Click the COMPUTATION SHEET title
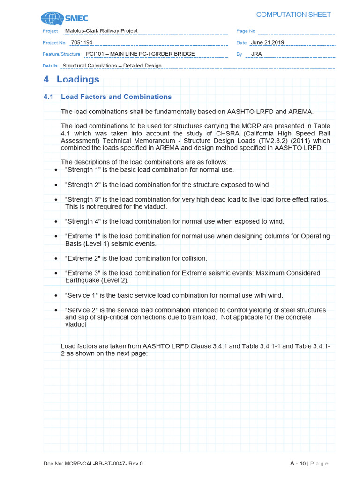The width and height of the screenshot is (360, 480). pyautogui.click(x=300, y=15)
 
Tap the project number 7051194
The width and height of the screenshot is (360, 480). pyautogui.click(x=81, y=42)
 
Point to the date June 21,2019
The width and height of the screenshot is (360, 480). pyautogui.click(x=267, y=42)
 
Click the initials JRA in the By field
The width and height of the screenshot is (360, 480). pyautogui.click(x=256, y=54)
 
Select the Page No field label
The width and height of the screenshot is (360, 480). pyautogui.click(x=246, y=31)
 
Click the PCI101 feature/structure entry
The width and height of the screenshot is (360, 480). pyautogui.click(x=140, y=54)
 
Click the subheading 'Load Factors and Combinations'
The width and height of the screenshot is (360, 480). pyautogui.click(x=116, y=97)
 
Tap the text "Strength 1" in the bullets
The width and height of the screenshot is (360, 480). pyautogui.click(x=82, y=170)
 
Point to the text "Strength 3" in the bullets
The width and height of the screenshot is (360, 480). pyautogui.click(x=82, y=199)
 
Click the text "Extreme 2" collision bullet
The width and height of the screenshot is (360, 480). pyautogui.click(x=82, y=258)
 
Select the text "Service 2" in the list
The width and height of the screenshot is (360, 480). pyautogui.click(x=81, y=310)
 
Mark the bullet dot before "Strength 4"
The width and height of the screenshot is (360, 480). pyautogui.click(x=56, y=222)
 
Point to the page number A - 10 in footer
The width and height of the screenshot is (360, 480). pyautogui.click(x=298, y=463)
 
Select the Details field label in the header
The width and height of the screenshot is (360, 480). pyautogui.click(x=50, y=66)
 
